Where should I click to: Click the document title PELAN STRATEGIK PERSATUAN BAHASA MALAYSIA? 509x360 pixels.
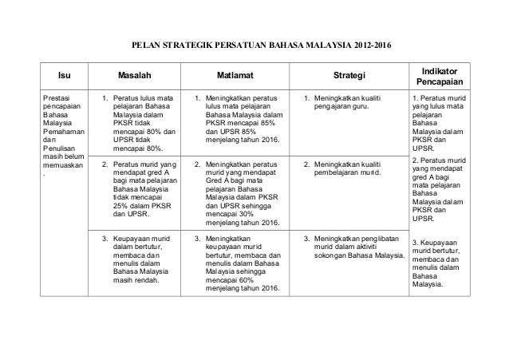click(x=239, y=42)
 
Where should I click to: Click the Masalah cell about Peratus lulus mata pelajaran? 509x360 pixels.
click(x=137, y=124)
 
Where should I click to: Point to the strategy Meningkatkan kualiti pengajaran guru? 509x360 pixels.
click(x=351, y=104)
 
